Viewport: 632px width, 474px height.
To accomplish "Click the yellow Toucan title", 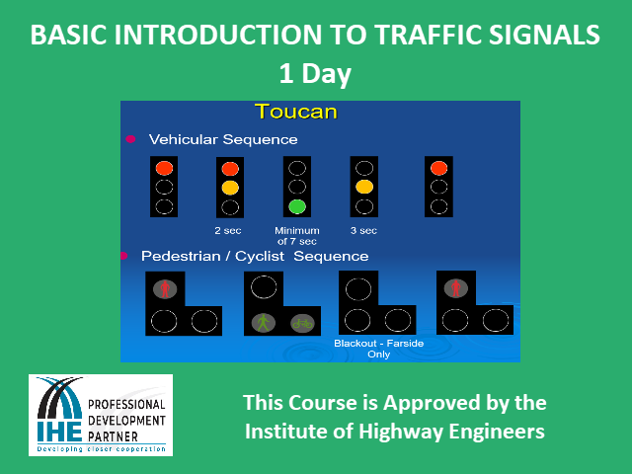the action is (296, 112).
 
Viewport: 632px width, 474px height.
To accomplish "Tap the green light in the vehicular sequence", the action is (297, 206).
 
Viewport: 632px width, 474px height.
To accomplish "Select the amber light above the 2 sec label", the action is (230, 188).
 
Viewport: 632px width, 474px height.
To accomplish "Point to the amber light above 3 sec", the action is (364, 187).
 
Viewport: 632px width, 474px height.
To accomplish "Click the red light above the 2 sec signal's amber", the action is (230, 169).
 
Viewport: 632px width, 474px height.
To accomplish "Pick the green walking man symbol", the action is (264, 323).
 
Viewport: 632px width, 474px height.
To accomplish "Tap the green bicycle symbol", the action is (303, 323).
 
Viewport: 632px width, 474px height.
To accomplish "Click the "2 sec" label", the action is (228, 230).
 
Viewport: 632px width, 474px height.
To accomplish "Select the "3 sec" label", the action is (363, 230).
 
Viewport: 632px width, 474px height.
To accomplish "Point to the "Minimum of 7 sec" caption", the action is (297, 236).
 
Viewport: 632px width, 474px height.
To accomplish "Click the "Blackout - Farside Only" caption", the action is (379, 349).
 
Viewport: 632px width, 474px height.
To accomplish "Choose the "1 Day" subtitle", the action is (315, 73).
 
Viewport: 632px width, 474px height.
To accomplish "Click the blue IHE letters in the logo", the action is (59, 433).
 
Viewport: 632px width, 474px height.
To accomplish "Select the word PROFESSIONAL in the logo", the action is (126, 404).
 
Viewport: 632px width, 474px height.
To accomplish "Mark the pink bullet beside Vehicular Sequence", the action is (130, 139).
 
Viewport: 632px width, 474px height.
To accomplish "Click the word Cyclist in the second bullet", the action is (260, 257).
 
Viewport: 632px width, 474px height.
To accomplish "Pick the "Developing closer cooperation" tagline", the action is (101, 449).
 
